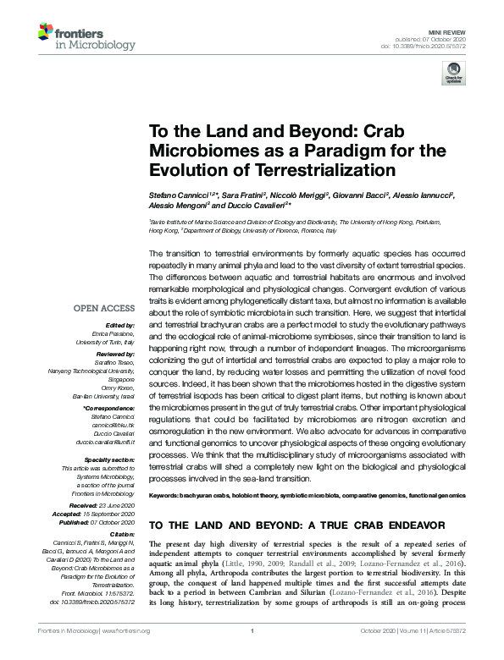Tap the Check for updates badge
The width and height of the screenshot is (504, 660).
(x=453, y=73)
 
